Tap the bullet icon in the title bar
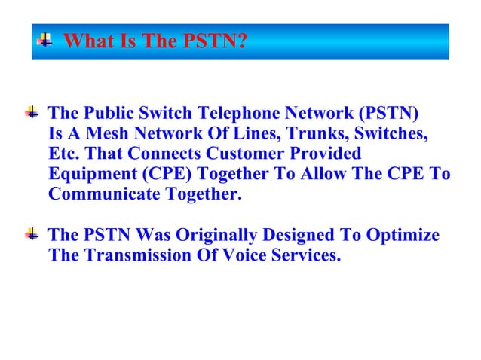(46, 40)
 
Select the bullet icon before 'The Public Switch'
(32, 114)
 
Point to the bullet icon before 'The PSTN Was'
(32, 236)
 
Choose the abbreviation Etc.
(63, 154)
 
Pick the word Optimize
(403, 236)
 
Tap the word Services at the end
(305, 256)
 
